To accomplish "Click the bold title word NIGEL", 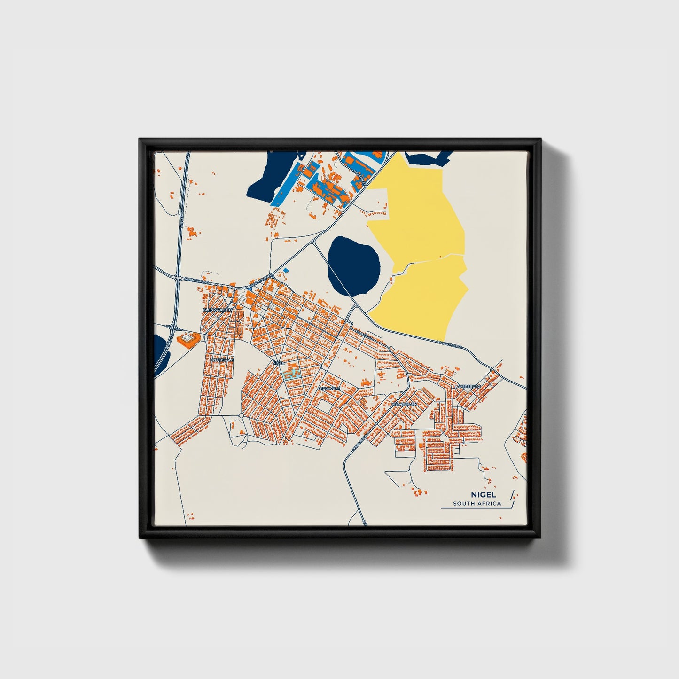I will coord(480,495).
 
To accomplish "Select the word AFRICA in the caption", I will coord(488,504).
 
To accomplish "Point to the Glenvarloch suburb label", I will coord(215,311).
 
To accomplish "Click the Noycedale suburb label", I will coord(222,359).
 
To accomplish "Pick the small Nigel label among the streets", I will coord(278,363).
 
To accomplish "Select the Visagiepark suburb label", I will coord(404,404).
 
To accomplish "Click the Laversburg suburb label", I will coord(468,386).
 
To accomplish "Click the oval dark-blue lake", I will coord(353,265).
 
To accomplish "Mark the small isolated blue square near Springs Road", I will coord(286,271).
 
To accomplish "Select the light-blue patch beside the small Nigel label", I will coord(292,374).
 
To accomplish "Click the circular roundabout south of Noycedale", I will coord(241,415).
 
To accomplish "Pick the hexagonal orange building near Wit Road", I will coord(188,338).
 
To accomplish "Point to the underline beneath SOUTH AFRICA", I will coord(475,508).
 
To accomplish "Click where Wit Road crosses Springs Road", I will coord(178,278).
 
